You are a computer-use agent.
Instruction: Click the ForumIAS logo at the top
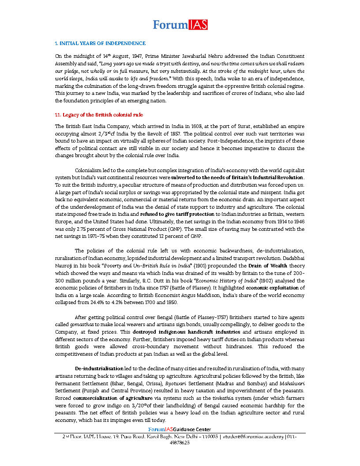click(180, 25)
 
